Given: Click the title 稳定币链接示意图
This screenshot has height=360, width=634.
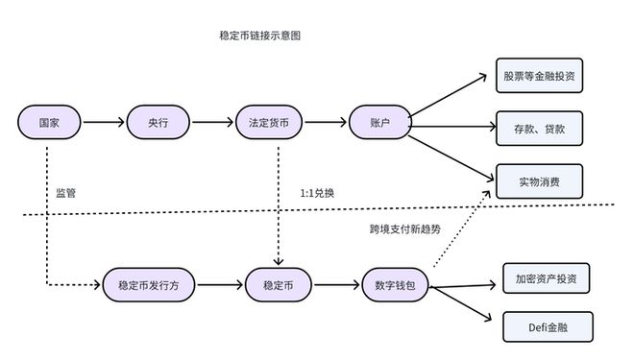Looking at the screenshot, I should point(260,36).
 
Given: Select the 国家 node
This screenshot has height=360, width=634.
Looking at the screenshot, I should point(48,123).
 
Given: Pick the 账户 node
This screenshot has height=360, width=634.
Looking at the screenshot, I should point(378,123).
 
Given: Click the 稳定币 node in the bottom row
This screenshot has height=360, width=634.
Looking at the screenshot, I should point(278,285).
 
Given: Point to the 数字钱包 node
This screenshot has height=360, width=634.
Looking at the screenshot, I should point(395,285).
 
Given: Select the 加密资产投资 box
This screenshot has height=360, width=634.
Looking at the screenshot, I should point(546,277).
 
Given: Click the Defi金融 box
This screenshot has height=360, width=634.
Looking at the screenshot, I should point(546,327).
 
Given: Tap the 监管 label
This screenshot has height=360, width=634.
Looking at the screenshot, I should point(65,193).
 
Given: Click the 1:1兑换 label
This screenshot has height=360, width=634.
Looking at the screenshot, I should point(318,193).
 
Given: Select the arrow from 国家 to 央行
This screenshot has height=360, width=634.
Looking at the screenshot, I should point(103,123).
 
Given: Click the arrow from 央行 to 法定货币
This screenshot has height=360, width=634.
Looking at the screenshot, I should point(212,123).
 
